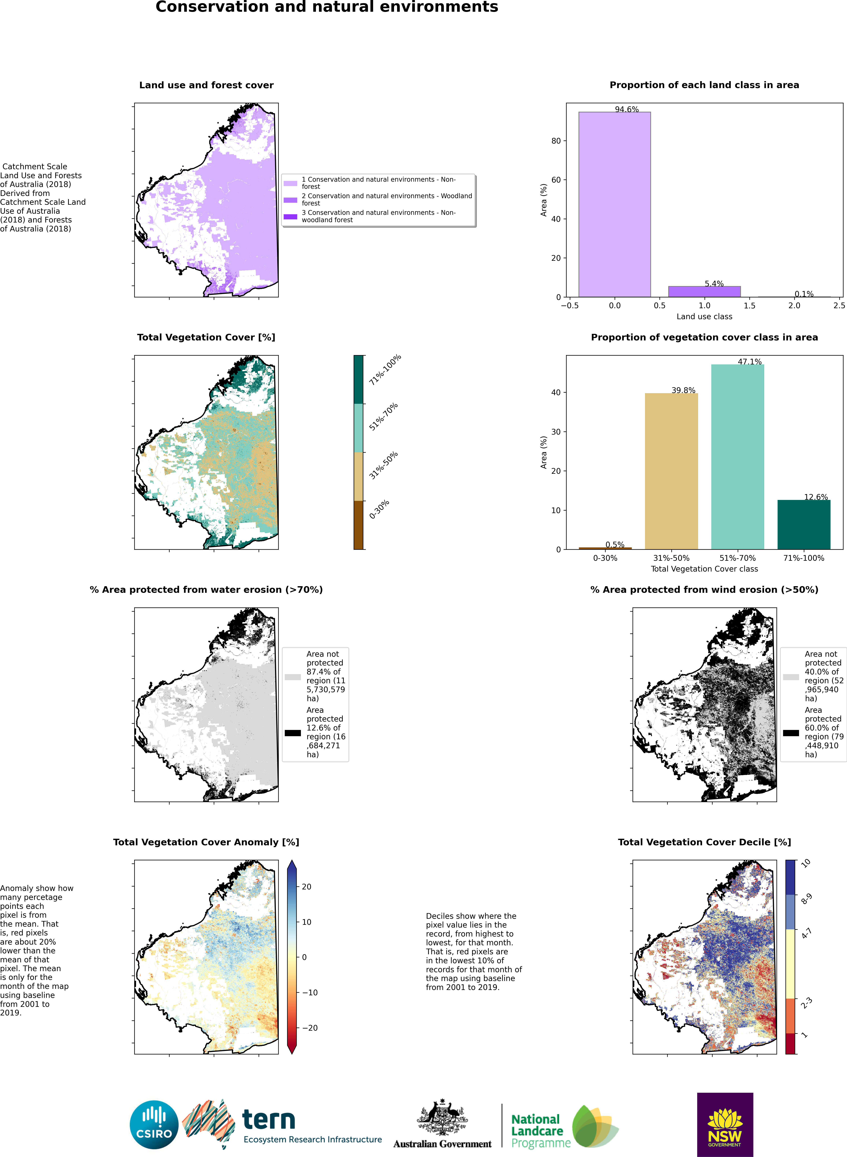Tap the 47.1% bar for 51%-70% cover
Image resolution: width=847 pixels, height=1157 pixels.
point(737,456)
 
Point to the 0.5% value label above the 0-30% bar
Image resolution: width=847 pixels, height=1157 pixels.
point(615,544)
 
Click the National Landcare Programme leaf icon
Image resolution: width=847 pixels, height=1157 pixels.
point(595,1125)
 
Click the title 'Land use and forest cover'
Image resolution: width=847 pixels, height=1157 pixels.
point(206,85)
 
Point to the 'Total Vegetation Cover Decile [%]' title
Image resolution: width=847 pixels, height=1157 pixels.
point(704,842)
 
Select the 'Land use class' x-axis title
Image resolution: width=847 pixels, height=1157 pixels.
point(704,316)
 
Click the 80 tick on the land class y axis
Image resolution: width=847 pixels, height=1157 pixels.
point(556,141)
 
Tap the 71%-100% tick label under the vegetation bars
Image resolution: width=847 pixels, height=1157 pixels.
point(803,558)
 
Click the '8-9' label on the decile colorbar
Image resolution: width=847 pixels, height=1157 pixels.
point(806,899)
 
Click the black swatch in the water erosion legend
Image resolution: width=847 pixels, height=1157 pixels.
point(292,733)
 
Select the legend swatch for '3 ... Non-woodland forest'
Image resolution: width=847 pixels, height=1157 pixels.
point(290,216)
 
